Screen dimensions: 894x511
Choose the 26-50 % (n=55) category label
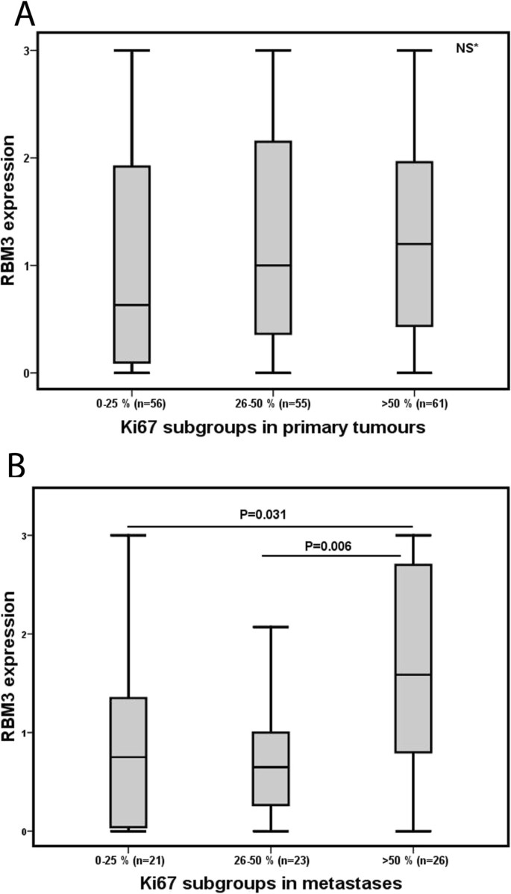[273, 404]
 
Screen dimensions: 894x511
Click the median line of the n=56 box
[131, 304]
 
